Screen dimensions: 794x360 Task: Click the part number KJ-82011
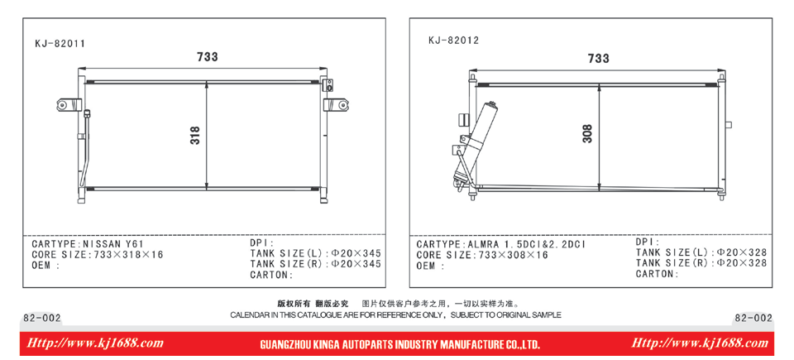pyautogui.click(x=60, y=44)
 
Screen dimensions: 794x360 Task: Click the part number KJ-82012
pyautogui.click(x=453, y=41)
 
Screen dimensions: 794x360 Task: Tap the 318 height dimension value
pyautogui.click(x=195, y=136)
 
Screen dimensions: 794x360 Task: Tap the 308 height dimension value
pyautogui.click(x=587, y=134)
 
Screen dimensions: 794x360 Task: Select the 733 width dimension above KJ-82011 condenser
pyautogui.click(x=208, y=57)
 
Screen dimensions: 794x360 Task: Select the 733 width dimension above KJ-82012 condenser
pyautogui.click(x=599, y=59)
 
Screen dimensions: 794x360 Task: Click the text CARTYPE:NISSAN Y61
pyautogui.click(x=88, y=244)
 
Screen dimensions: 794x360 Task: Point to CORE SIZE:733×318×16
pyautogui.click(x=98, y=255)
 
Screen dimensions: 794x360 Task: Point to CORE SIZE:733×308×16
pyautogui.click(x=482, y=255)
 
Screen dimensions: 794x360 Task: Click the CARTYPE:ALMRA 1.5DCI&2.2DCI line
pyautogui.click(x=501, y=244)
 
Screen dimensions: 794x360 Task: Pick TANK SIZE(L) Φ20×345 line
pyautogui.click(x=315, y=253)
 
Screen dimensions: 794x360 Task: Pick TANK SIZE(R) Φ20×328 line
pyautogui.click(x=701, y=263)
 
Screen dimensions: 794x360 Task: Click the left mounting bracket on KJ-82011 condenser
pyautogui.click(x=69, y=104)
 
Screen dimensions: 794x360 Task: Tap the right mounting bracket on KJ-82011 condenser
pyautogui.click(x=336, y=104)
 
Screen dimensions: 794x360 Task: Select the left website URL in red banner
pyautogui.click(x=94, y=343)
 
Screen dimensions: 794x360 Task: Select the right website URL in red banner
pyautogui.click(x=700, y=343)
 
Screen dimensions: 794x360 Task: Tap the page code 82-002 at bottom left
pyautogui.click(x=42, y=318)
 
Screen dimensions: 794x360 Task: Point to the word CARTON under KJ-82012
pyautogui.click(x=655, y=274)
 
